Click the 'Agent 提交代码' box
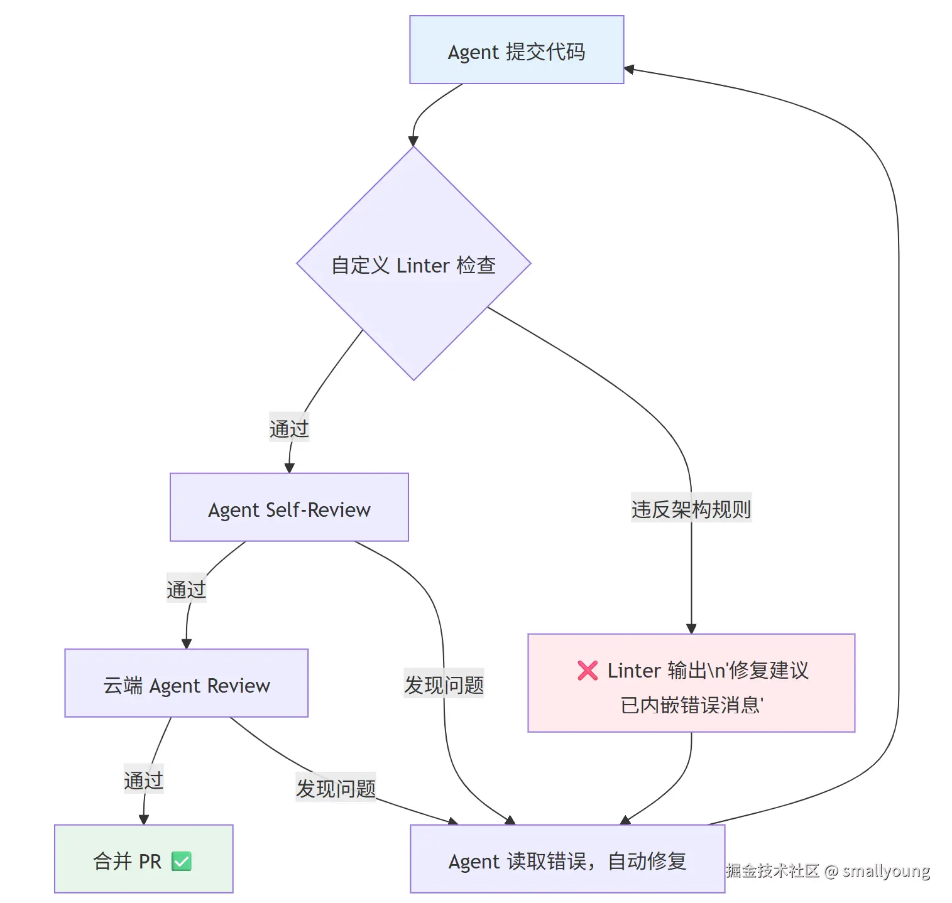coord(516,50)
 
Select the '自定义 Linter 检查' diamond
coord(413,264)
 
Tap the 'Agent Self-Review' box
coord(289,508)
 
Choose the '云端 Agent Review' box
coord(186,684)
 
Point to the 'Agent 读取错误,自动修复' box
coord(567,860)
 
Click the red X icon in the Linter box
coord(588,671)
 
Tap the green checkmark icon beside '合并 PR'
coord(182,861)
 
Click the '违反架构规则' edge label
coord(691,509)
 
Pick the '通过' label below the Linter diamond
coord(289,428)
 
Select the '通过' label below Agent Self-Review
coord(186,589)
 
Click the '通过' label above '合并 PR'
coord(143,780)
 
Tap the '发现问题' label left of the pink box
coord(444,684)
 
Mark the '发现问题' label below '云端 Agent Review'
coord(336,787)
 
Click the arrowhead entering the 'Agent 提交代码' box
coord(629,69)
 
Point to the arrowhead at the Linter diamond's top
coord(413,141)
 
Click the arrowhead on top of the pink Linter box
coord(691,629)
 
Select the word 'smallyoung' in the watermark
coord(885,870)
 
